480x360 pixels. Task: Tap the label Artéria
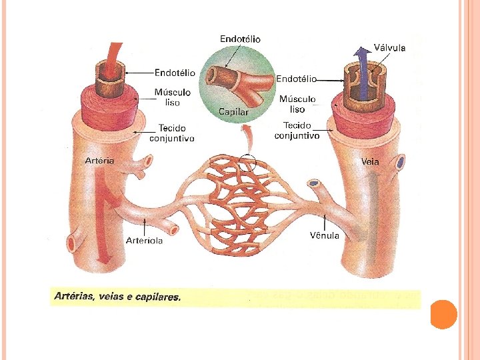click(x=101, y=160)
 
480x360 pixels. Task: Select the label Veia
click(x=370, y=161)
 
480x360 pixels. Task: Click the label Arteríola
click(x=145, y=240)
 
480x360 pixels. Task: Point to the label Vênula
click(x=325, y=235)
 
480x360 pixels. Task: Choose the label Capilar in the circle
click(x=233, y=112)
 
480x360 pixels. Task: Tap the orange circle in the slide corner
click(x=443, y=314)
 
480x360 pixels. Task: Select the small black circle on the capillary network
click(x=247, y=162)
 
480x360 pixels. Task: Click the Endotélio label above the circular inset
click(x=240, y=39)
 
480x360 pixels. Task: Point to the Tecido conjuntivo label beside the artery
click(x=171, y=133)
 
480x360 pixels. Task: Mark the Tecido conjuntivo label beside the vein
click(x=297, y=130)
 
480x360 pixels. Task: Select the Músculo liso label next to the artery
click(x=173, y=97)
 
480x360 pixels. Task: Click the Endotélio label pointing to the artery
click(x=175, y=72)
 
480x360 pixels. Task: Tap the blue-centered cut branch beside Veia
click(x=400, y=162)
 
